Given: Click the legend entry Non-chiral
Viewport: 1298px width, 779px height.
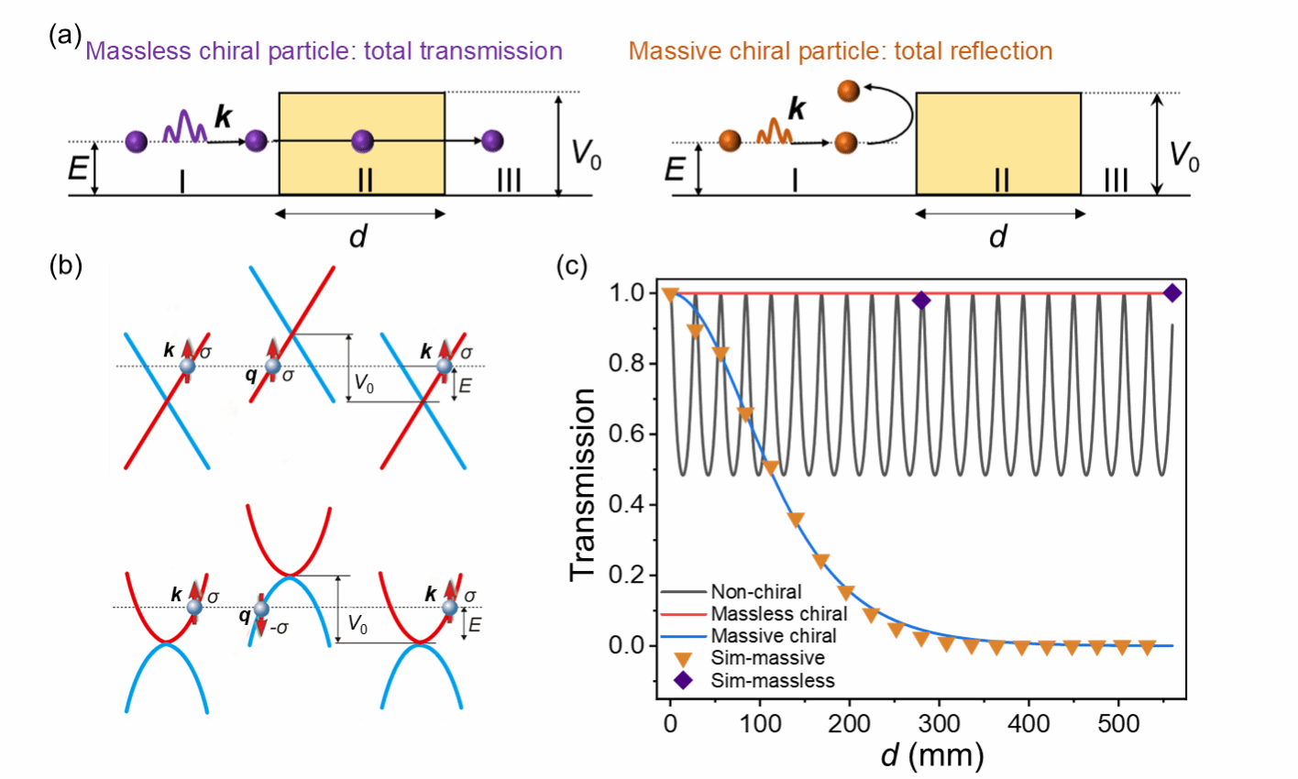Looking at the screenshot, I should (756, 592).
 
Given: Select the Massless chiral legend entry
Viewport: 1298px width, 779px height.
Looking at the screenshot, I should (779, 614).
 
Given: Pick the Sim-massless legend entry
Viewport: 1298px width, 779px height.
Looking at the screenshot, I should (773, 680).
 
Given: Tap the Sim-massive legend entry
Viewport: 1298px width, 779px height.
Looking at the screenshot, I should (768, 658).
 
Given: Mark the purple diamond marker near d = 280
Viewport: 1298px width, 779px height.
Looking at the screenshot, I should (921, 301).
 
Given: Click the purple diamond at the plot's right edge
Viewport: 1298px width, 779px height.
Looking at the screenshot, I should (1171, 293).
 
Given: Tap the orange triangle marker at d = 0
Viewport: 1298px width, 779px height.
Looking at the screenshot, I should (670, 294).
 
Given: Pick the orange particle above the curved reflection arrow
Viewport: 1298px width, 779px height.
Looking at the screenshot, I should (848, 91).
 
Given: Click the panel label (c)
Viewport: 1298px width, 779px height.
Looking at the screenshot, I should (573, 266).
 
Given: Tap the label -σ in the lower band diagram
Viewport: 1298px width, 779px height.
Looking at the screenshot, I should (277, 628).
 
